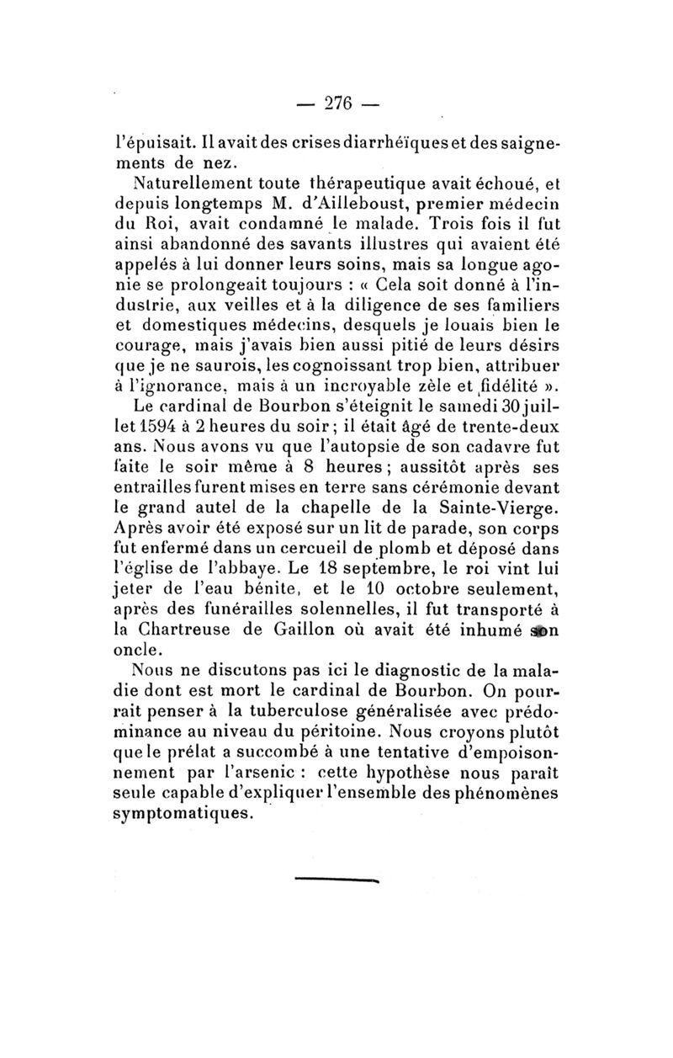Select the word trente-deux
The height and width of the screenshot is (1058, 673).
point(511,428)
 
